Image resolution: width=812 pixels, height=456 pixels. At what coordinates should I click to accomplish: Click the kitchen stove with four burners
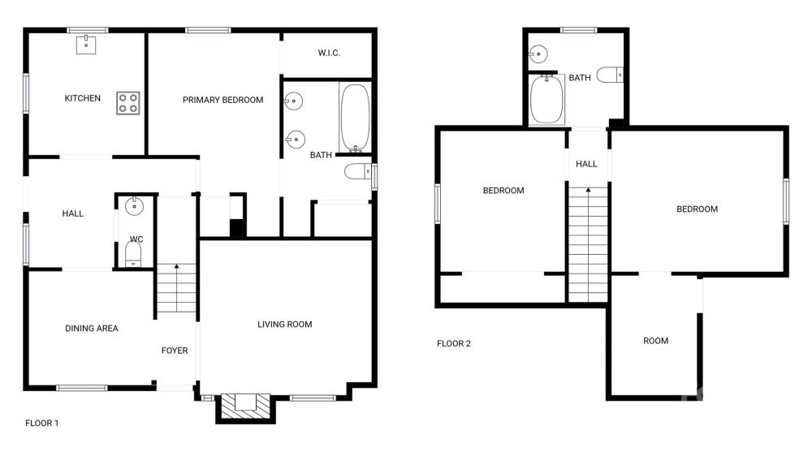pyautogui.click(x=128, y=103)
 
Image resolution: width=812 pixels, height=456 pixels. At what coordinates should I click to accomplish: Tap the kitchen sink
pyautogui.click(x=86, y=45)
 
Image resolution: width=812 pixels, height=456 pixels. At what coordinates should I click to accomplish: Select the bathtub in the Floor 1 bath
pyautogui.click(x=356, y=118)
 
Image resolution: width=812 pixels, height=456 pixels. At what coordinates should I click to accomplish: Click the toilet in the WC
pyautogui.click(x=133, y=254)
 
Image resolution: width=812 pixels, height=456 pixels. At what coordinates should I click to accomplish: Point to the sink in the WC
pyautogui.click(x=134, y=206)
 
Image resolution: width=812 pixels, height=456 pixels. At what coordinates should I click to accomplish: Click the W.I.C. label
pyautogui.click(x=329, y=53)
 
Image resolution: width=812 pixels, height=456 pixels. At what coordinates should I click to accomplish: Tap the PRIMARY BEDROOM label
pyautogui.click(x=222, y=100)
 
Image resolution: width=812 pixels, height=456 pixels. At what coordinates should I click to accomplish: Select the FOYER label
pyautogui.click(x=175, y=351)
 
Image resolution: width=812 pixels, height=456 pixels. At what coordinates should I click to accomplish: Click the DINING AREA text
pyautogui.click(x=92, y=328)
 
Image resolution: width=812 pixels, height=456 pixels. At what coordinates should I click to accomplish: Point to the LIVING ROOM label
pyautogui.click(x=285, y=325)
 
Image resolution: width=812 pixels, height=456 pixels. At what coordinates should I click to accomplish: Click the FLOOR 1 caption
pyautogui.click(x=42, y=423)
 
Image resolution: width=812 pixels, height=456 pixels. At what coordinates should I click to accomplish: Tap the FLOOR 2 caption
pyautogui.click(x=454, y=343)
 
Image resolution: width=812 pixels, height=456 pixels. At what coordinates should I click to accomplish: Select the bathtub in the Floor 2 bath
pyautogui.click(x=546, y=99)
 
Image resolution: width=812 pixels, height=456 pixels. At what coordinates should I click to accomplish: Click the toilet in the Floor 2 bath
pyautogui.click(x=610, y=75)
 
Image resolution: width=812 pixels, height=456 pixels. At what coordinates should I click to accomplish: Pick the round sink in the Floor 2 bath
pyautogui.click(x=538, y=54)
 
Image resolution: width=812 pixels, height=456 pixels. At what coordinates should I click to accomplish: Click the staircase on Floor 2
pyautogui.click(x=588, y=244)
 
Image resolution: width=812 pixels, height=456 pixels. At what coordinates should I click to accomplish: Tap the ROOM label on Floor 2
pyautogui.click(x=655, y=341)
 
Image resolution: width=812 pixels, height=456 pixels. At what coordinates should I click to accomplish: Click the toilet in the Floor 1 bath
pyautogui.click(x=358, y=171)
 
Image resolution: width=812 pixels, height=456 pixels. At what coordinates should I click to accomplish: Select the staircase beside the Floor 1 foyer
pyautogui.click(x=176, y=288)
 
